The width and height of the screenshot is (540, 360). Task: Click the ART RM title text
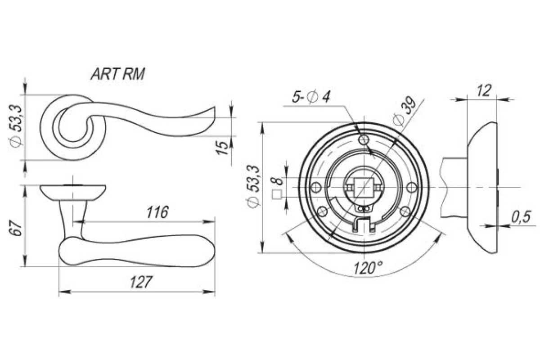118,74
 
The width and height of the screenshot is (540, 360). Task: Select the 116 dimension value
157,212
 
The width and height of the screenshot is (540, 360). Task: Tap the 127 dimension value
141,282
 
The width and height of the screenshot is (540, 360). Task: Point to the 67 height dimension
16,228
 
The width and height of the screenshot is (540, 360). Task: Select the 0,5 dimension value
521,217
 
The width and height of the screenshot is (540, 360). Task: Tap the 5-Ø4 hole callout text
310,97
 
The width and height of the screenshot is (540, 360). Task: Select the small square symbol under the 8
277,195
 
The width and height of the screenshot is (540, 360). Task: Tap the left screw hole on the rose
316,187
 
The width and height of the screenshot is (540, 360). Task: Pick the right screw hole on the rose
412,187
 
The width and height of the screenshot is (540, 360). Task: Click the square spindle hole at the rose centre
364,187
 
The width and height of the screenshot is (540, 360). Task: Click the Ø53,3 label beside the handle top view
16,126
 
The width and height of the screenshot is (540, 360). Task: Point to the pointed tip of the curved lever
214,107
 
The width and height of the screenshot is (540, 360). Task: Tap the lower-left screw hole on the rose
323,212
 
